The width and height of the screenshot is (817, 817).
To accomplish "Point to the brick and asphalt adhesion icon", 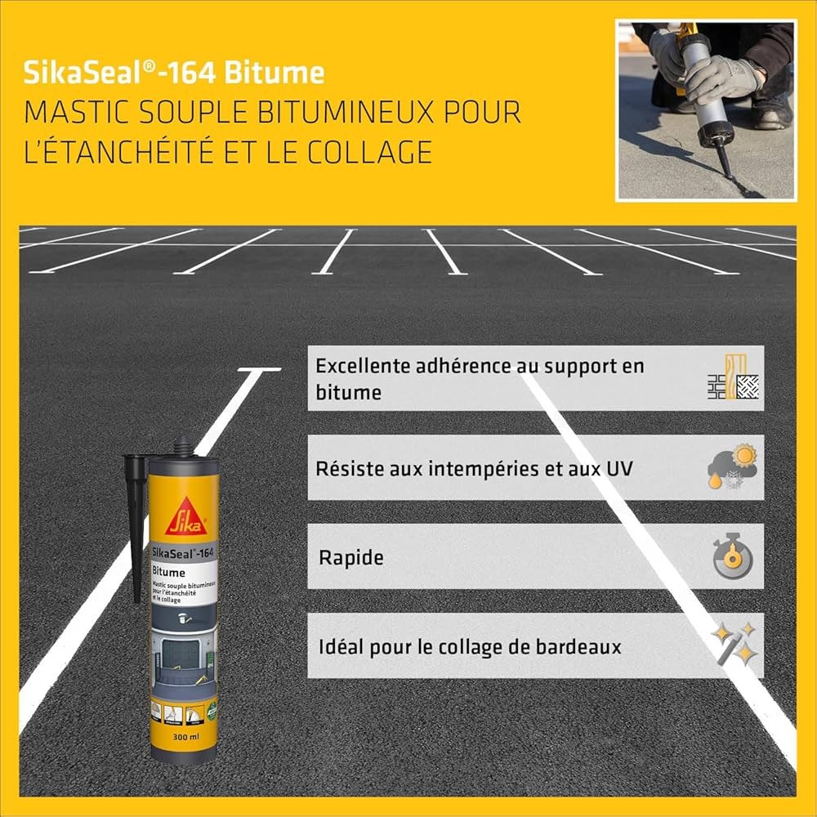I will (x=733, y=377).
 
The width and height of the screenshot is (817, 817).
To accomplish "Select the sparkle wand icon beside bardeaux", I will (x=733, y=645).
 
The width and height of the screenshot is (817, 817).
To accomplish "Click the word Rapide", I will (x=350, y=558).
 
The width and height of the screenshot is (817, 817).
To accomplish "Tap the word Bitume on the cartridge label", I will (x=170, y=572).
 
